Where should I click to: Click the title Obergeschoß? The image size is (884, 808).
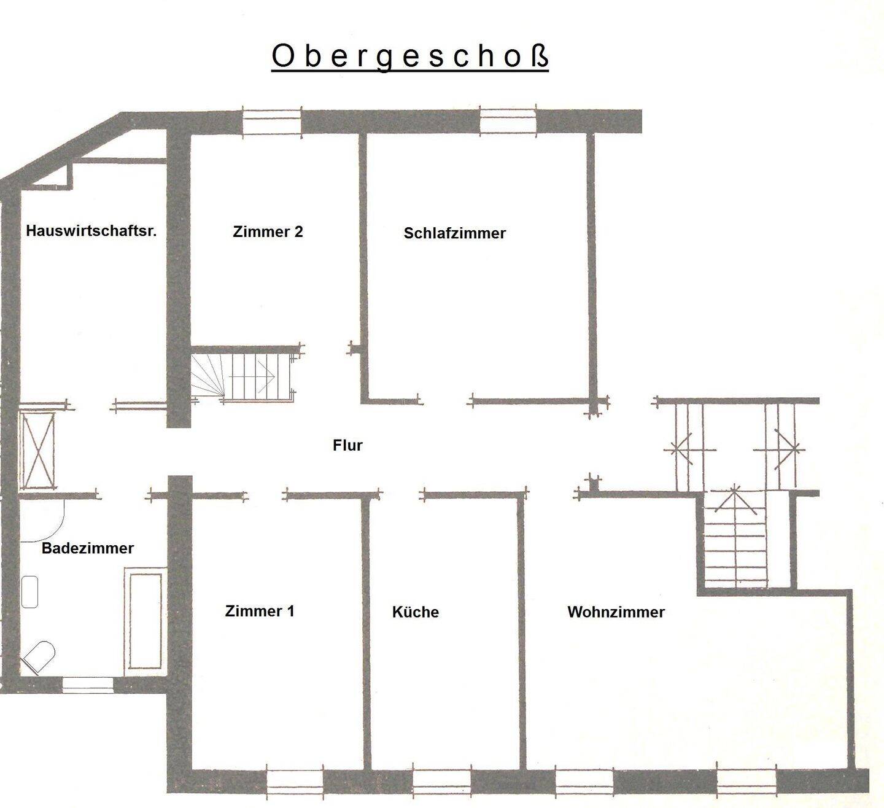[409, 56]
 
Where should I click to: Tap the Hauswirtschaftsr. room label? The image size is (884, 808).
[91, 231]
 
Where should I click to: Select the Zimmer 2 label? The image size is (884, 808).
[268, 231]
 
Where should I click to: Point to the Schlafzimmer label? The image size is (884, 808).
[454, 233]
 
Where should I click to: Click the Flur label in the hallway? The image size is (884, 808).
[347, 445]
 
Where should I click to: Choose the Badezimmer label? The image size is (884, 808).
[88, 548]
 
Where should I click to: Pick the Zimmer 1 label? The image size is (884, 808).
[260, 611]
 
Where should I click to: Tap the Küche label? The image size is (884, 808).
[416, 612]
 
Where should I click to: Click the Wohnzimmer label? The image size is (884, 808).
[616, 612]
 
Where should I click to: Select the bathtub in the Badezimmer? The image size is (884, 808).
[144, 619]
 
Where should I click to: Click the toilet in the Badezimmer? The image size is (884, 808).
[39, 657]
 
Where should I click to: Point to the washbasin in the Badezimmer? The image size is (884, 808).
[29, 591]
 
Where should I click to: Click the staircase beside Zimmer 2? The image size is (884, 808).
[242, 375]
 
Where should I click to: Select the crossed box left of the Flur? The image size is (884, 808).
[37, 450]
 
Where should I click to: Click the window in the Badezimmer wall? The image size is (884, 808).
[88, 685]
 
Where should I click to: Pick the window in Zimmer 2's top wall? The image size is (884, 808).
[272, 121]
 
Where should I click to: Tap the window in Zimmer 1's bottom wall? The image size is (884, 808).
[295, 781]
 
